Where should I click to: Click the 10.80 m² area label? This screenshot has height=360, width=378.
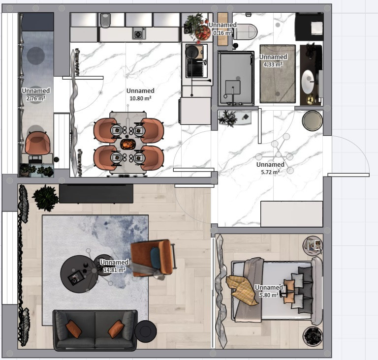point(140,98)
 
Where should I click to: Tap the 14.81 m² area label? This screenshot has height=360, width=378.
point(114,270)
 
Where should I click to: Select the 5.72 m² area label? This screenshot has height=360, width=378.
point(270,172)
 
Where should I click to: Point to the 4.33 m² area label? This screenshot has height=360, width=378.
point(273,64)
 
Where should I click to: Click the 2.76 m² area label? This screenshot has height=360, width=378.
point(35,98)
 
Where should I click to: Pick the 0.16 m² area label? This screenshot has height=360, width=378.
point(223,32)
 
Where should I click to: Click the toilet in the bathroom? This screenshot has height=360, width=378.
point(246,31)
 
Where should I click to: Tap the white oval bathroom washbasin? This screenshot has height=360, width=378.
point(308,82)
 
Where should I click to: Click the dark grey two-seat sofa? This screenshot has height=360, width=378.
point(95,330)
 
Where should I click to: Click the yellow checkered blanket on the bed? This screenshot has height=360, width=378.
point(242,290)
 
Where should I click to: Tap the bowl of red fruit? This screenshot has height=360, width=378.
point(202,33)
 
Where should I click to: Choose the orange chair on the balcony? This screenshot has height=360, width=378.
point(37,143)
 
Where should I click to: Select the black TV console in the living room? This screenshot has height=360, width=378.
point(96,193)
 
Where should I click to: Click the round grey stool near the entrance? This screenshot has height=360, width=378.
point(312,120)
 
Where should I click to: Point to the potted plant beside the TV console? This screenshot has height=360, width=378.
point(45,198)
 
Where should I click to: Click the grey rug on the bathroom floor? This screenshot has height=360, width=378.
point(278,74)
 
